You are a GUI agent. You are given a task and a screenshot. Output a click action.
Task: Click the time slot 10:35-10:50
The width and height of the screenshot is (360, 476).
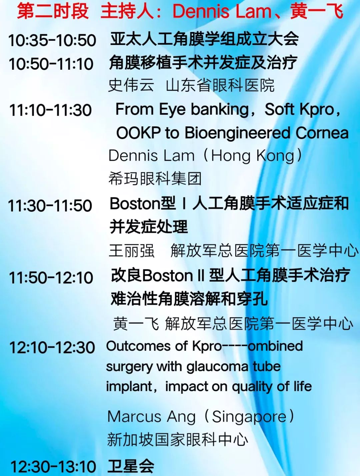click(52, 40)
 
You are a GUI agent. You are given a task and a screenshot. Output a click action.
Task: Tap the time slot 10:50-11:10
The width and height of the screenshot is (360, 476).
click(51, 64)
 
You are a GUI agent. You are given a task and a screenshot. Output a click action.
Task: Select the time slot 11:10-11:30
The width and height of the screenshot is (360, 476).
click(51, 110)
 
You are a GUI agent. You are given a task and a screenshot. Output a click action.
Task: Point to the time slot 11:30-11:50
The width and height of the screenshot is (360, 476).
click(50, 205)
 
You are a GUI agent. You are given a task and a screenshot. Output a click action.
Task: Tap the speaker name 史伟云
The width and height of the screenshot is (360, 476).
click(131, 85)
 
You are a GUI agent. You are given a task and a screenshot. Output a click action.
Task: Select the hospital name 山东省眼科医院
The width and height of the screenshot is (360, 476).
click(220, 85)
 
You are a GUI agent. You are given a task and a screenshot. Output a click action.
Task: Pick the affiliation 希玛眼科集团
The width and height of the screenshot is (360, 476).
click(155, 178)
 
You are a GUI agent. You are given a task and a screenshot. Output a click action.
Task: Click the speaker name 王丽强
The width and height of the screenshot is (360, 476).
click(132, 251)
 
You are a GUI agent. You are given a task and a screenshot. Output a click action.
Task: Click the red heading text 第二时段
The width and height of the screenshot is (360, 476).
click(53, 11)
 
